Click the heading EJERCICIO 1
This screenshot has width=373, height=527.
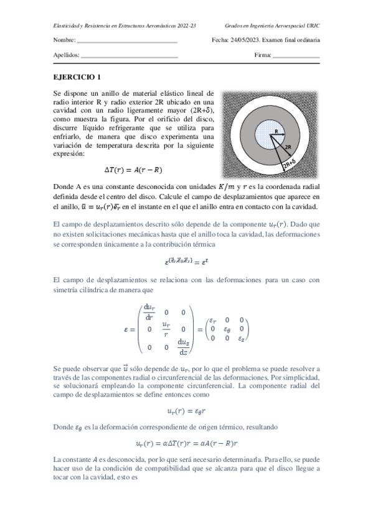pos(77,78)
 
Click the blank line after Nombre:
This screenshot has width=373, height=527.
pos(127,40)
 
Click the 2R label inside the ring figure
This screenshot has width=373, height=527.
pos(288,148)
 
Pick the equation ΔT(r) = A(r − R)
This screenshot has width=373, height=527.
pos(136,169)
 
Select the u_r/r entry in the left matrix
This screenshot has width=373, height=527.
pos(166,328)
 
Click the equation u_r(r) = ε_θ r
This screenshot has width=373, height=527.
pos(187,411)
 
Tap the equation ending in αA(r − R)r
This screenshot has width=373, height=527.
pos(187,443)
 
